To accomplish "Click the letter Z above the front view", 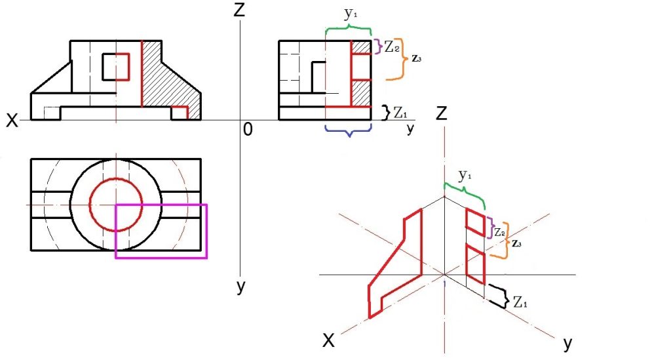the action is click(239, 9).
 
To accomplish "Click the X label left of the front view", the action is click(12, 121).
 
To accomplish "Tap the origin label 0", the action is click(248, 129).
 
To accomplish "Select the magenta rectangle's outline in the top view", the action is click(161, 231).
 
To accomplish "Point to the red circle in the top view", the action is click(115, 205).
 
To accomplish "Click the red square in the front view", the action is click(116, 67).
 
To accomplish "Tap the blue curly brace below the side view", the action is click(349, 130).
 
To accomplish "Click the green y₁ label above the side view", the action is click(351, 14).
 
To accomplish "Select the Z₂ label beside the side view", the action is click(392, 47).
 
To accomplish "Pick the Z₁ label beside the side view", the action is click(400, 113).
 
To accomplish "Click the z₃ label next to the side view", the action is click(416, 58).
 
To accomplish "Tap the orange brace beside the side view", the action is click(396, 59).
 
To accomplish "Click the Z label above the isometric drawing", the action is click(441, 113).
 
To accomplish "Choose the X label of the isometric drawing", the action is click(328, 341).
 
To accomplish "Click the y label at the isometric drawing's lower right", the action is click(568, 343).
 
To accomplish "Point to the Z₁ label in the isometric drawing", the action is click(520, 302).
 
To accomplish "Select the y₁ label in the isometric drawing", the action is click(465, 175).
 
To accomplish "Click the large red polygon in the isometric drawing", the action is click(395, 264).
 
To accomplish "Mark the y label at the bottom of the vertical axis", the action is click(241, 287).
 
